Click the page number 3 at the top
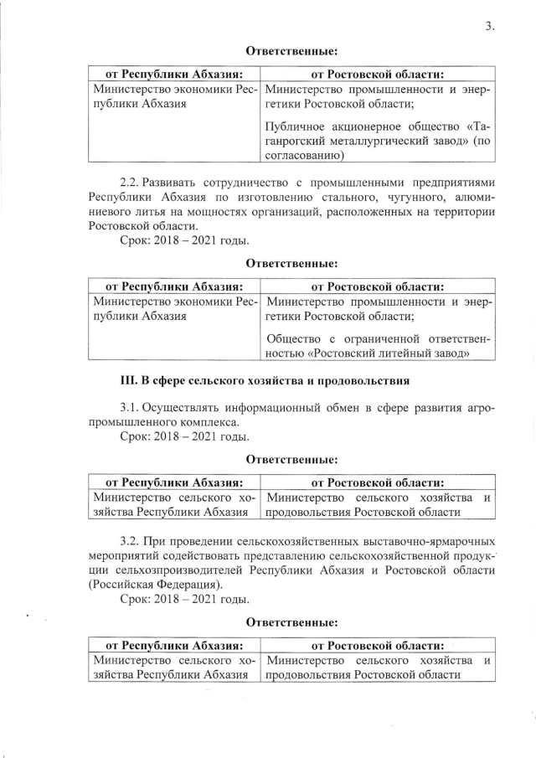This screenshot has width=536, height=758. pyautogui.click(x=490, y=25)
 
